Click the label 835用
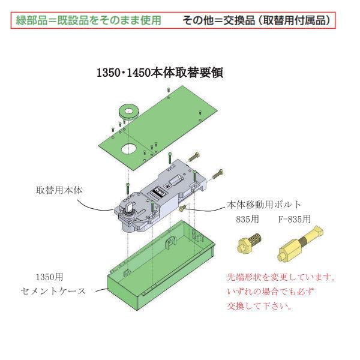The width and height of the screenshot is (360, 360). pos(247,219)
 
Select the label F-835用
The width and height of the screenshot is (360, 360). pos(294,219)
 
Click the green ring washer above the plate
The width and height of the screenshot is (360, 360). pos(127,111)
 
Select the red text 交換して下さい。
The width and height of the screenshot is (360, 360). pos(260,305)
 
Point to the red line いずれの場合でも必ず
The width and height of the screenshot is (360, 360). pos(270,292)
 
